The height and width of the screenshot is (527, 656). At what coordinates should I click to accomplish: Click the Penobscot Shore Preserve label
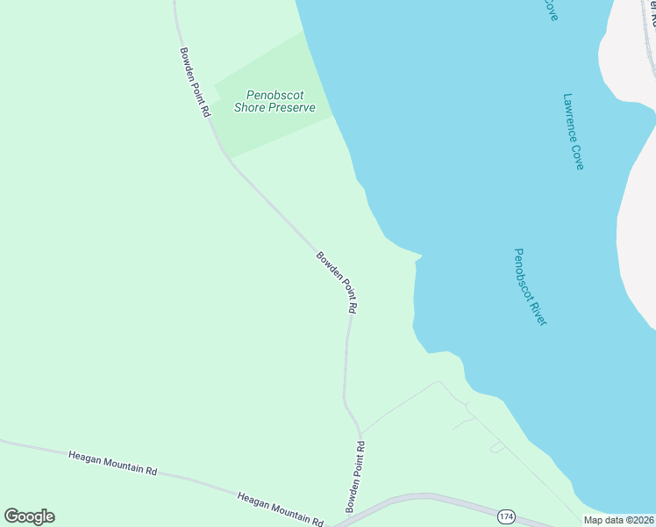[x=275, y=101]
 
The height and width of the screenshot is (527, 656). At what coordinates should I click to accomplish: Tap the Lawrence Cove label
[x=574, y=132]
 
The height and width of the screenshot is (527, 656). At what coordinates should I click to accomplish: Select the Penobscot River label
[x=530, y=287]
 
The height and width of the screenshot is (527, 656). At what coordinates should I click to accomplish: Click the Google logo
[x=29, y=516]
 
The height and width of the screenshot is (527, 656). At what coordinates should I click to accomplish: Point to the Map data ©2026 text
[x=619, y=520]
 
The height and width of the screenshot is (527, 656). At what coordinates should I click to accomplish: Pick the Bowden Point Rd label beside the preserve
[x=195, y=82]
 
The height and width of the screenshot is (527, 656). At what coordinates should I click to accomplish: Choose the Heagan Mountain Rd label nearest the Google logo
[x=112, y=463]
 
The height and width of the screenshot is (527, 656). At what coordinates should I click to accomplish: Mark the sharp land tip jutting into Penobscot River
[x=422, y=256]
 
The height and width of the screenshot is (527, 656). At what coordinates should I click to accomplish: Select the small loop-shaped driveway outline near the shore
[x=497, y=448]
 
